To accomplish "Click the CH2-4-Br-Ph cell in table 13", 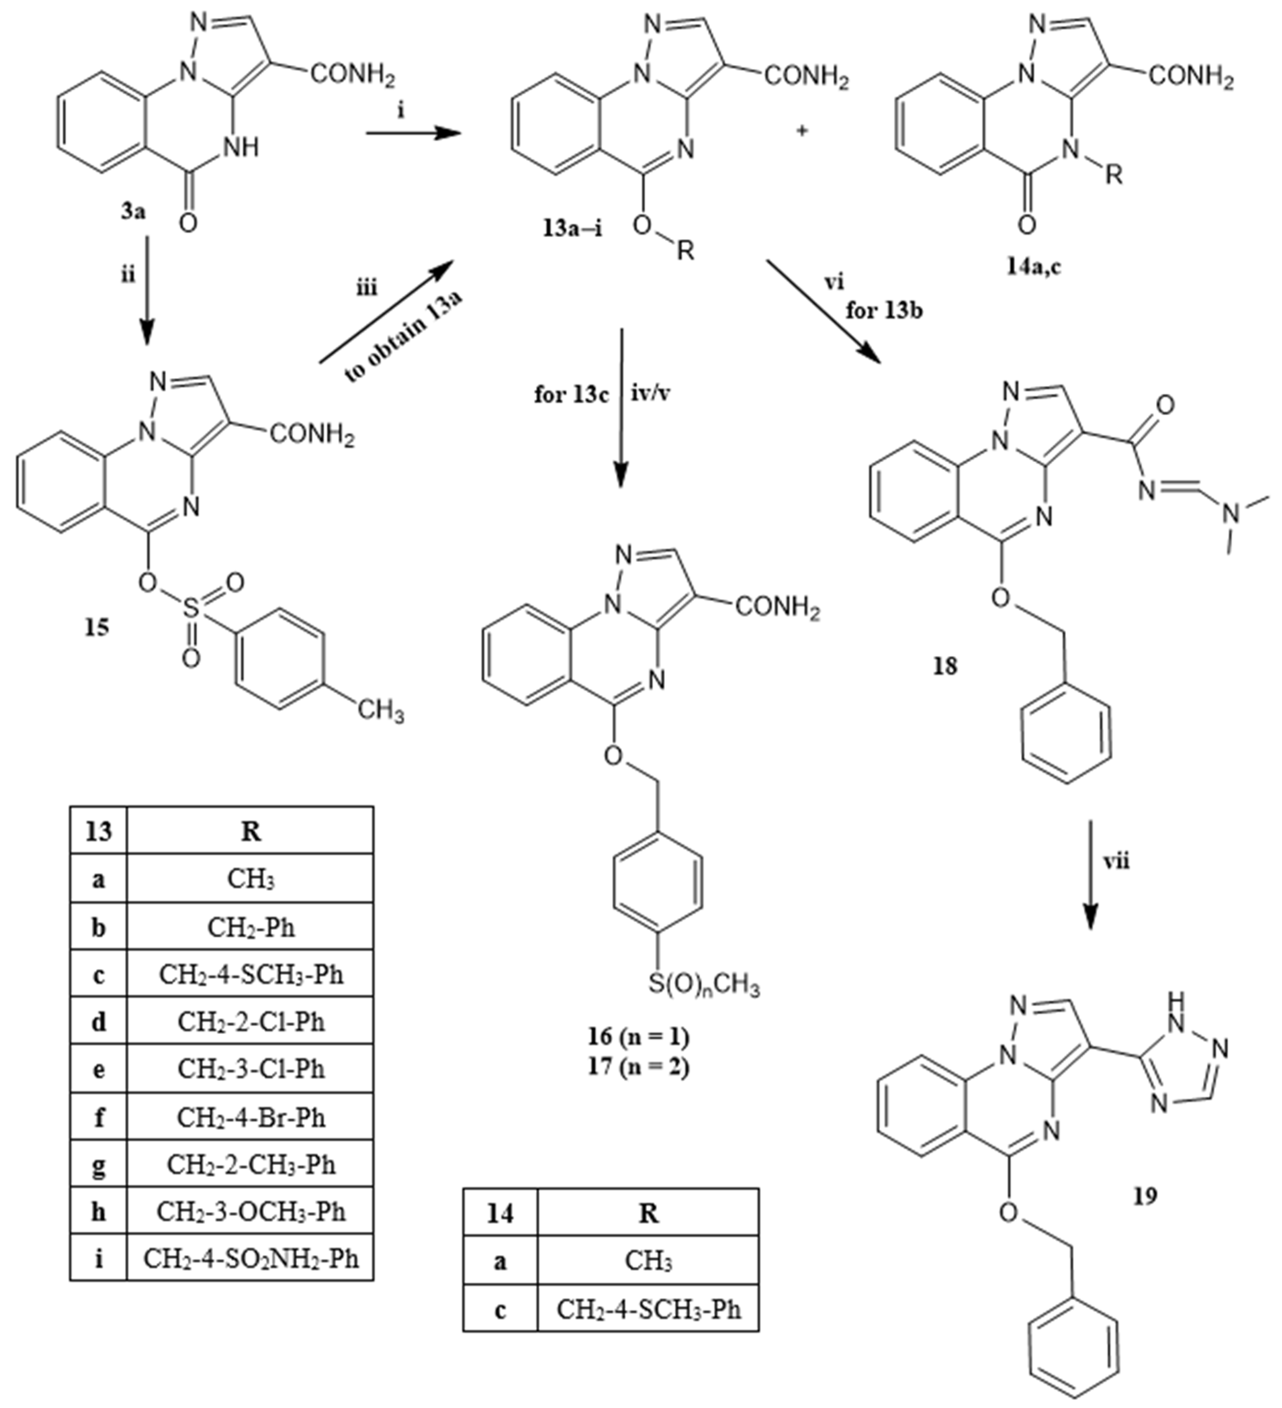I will click(x=251, y=1117).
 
